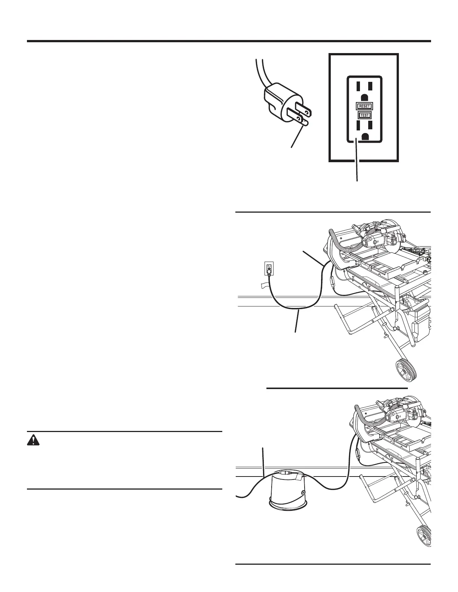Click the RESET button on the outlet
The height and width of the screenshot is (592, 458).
(364, 106)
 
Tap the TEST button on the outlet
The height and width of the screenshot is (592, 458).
(364, 115)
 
